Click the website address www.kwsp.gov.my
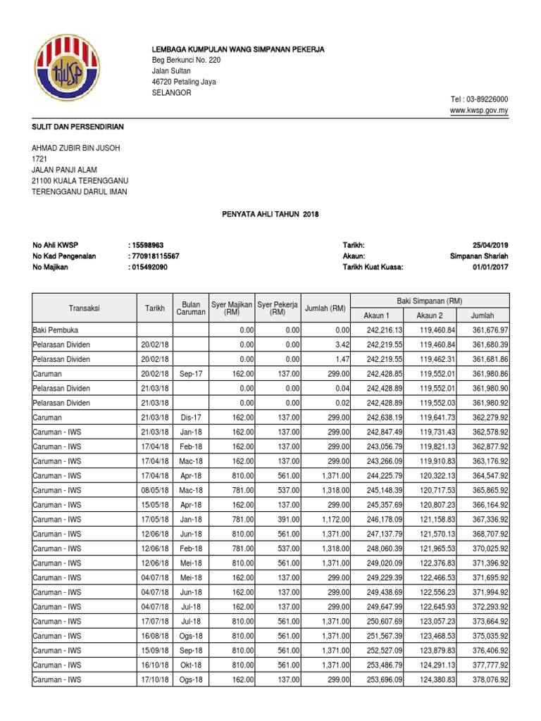point(480,111)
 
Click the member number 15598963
point(154,244)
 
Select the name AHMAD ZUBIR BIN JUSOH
point(77,147)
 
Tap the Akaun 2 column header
point(430,315)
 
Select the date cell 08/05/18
point(155,490)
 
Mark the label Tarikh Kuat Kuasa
point(373,268)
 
